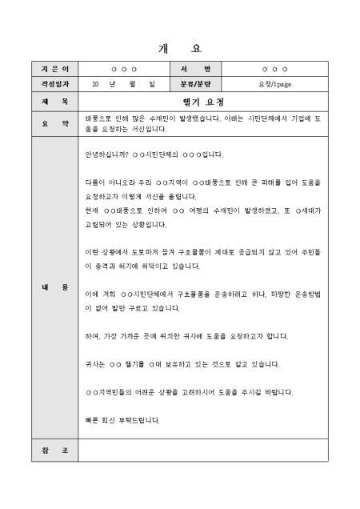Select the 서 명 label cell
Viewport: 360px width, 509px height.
(195, 69)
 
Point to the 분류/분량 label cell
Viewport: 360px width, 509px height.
(195, 83)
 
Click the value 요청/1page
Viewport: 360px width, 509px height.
(275, 83)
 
